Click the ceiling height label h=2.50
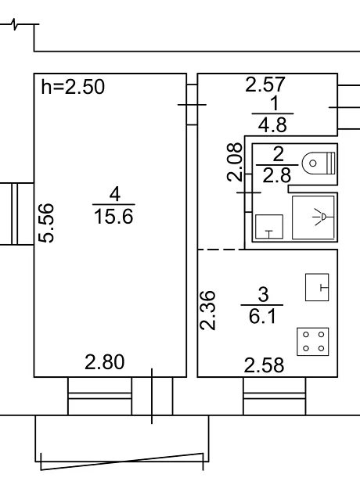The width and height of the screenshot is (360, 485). click(73, 87)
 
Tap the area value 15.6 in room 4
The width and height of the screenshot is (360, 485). click(113, 216)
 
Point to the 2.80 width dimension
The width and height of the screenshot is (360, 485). click(105, 362)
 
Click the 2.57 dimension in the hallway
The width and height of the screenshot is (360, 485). click(265, 84)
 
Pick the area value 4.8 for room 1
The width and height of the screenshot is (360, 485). click(272, 125)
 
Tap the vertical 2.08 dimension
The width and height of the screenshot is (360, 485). click(234, 162)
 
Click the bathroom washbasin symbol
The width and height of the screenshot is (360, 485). click(269, 227)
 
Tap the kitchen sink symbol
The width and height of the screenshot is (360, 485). click(317, 287)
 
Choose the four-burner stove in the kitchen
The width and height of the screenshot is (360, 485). click(312, 342)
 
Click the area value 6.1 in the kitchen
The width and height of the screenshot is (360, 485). click(262, 317)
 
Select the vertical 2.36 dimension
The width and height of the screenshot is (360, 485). click(207, 311)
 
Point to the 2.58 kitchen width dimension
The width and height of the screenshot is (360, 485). click(264, 365)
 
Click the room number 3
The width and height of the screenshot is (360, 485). click(263, 294)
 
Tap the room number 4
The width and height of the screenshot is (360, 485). click(114, 195)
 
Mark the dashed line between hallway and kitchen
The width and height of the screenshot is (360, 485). click(221, 250)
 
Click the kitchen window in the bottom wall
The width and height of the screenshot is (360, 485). click(274, 397)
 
